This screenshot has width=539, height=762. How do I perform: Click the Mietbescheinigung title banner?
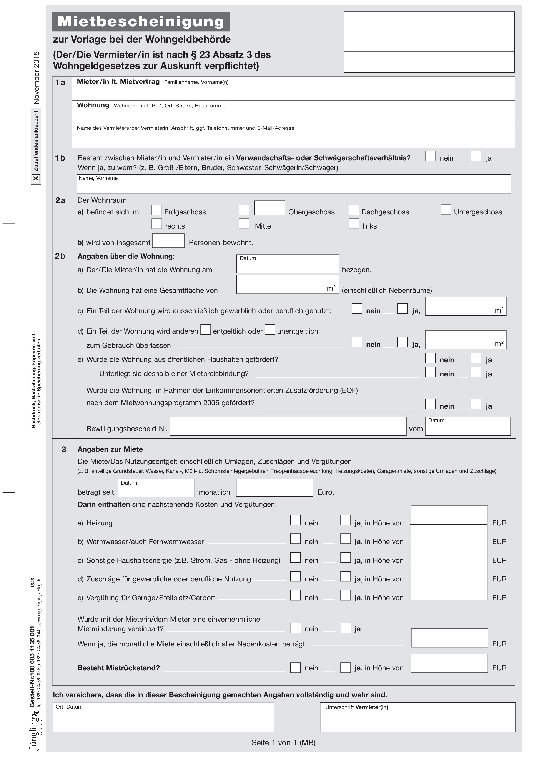pyautogui.click(x=141, y=22)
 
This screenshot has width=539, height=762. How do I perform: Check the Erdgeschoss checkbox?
pyautogui.click(x=157, y=210)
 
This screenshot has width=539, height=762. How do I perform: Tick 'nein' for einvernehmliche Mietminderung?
pyautogui.click(x=296, y=628)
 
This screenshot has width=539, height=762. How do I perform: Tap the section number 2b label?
pyautogui.click(x=60, y=256)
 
